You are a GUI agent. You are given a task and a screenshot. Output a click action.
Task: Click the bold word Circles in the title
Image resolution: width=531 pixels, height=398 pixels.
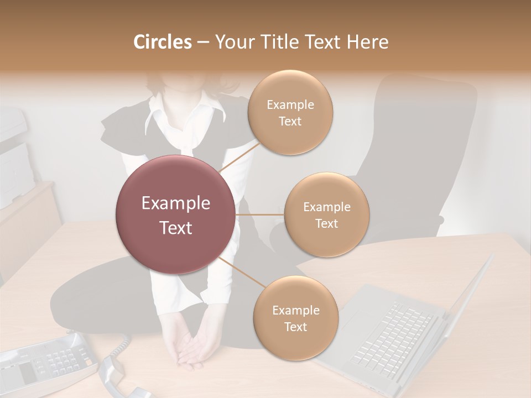point(162,42)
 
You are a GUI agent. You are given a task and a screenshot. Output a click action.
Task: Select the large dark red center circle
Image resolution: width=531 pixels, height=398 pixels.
point(176,214)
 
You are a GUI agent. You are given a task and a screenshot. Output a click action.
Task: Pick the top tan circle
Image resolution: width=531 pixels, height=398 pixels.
point(290,112)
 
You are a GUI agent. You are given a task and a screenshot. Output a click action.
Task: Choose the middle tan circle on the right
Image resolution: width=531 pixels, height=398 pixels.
point(327,214)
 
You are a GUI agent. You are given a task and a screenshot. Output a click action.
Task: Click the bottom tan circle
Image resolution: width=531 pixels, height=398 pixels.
point(296,318)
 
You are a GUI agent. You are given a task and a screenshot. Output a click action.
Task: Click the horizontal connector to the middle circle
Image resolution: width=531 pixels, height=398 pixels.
point(260,214)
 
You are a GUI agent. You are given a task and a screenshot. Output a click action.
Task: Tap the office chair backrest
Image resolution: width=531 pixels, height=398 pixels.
point(420,138)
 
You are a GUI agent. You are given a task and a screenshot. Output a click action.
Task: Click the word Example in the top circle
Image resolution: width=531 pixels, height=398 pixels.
point(290,105)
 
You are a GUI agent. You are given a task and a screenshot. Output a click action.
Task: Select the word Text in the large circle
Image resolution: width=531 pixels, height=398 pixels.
point(176,228)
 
